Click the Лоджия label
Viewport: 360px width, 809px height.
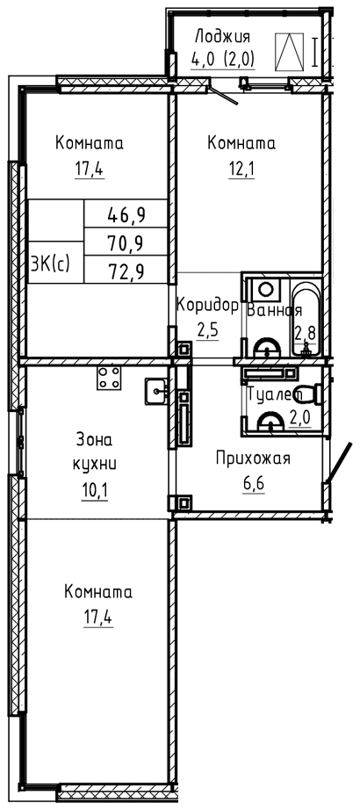click(222, 37)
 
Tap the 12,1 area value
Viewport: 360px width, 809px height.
click(241, 169)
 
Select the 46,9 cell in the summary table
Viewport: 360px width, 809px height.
click(126, 213)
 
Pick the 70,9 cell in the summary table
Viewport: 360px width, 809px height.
click(126, 241)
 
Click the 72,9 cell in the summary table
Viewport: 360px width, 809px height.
click(126, 269)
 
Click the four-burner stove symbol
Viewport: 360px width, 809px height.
click(108, 377)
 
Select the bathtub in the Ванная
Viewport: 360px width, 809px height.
click(306, 319)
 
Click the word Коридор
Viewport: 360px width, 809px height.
click(207, 306)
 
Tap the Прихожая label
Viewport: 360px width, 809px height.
click(253, 459)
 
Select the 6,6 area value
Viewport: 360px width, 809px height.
click(253, 484)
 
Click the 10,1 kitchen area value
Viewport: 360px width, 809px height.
click(94, 488)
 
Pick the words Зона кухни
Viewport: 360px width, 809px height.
click(94, 451)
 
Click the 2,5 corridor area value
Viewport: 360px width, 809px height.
click(208, 329)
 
